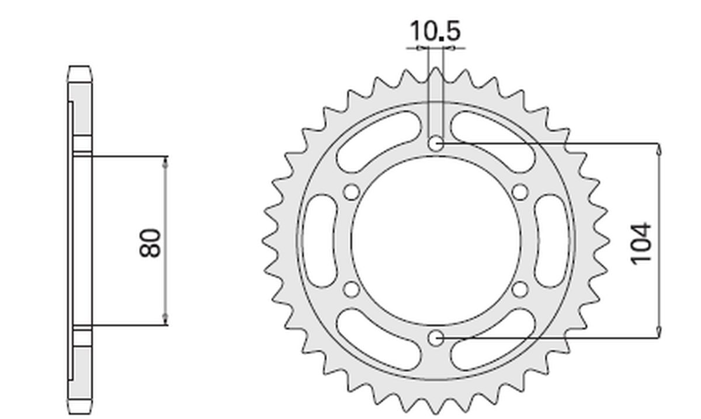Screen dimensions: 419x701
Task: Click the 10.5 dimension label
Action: (x=435, y=31)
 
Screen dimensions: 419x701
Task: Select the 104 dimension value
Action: (x=641, y=243)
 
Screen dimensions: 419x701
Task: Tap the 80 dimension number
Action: (x=150, y=242)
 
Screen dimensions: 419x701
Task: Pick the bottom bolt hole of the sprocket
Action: (x=436, y=337)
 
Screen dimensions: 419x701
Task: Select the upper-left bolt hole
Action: (x=352, y=192)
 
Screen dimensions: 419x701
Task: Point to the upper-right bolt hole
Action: (x=520, y=192)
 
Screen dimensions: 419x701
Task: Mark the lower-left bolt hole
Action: (x=352, y=289)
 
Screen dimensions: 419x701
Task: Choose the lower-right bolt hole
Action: (x=520, y=289)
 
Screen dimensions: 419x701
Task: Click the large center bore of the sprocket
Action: (x=436, y=240)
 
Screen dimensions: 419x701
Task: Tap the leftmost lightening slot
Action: (x=321, y=240)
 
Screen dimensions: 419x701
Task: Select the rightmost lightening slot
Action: (x=550, y=240)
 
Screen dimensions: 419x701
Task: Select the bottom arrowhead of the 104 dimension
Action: (x=660, y=331)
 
